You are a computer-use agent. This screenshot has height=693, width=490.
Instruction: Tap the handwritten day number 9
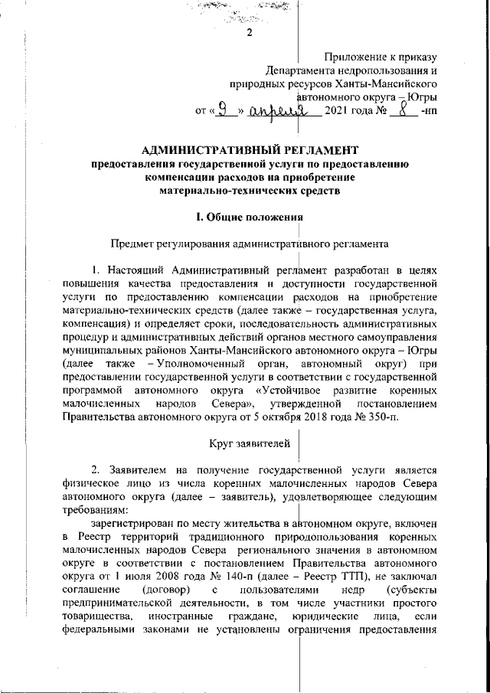pyautogui.click(x=223, y=113)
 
